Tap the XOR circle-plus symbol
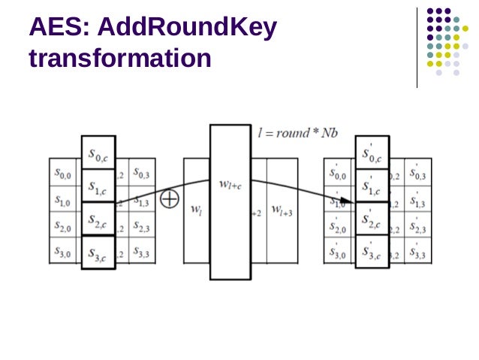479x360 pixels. click(x=170, y=199)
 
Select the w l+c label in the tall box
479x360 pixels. click(x=230, y=183)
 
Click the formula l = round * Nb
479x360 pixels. click(x=297, y=133)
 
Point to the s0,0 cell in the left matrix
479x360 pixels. click(x=63, y=174)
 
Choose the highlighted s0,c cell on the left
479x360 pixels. click(x=98, y=154)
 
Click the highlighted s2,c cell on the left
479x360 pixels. click(x=98, y=219)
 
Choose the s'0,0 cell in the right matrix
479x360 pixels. click(x=339, y=174)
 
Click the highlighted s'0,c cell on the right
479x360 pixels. click(x=372, y=154)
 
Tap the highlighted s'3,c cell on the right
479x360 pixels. click(x=372, y=253)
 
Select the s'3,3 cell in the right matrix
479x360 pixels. click(x=418, y=253)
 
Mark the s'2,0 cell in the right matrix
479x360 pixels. click(x=339, y=226)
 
